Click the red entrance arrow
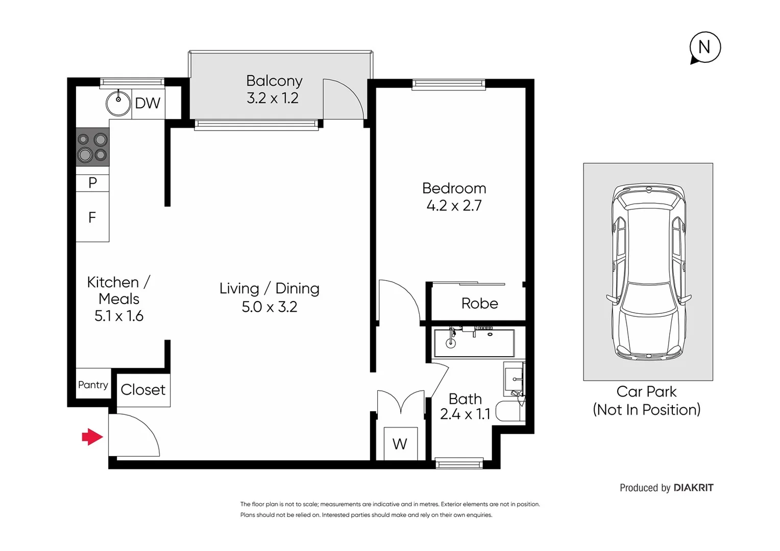click(x=92, y=437)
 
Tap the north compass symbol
click(x=704, y=47)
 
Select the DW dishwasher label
click(x=148, y=104)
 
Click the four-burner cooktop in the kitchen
click(x=92, y=147)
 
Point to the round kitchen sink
click(x=118, y=103)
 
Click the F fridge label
click(x=92, y=218)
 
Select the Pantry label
click(x=93, y=385)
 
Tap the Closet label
click(x=143, y=390)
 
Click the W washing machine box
click(x=400, y=444)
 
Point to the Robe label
click(x=479, y=304)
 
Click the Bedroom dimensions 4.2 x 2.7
click(x=454, y=206)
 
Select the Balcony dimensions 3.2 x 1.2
click(x=273, y=98)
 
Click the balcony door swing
click(x=343, y=99)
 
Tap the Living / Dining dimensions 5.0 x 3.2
click(x=269, y=307)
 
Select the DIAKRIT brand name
click(x=693, y=488)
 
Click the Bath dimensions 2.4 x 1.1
click(x=465, y=414)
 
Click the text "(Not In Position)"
click(x=646, y=410)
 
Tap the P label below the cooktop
click(x=92, y=183)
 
